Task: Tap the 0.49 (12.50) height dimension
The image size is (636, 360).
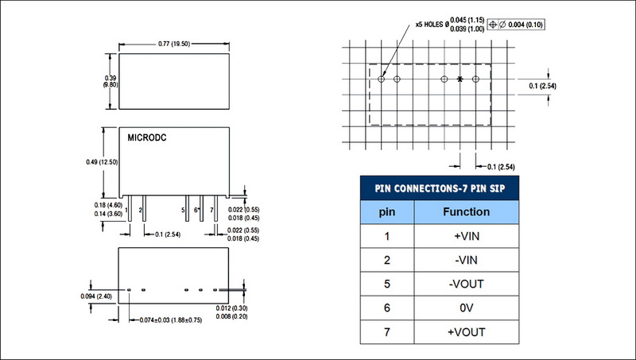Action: pyautogui.click(x=101, y=162)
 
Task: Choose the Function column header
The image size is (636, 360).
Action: pyautogui.click(x=466, y=212)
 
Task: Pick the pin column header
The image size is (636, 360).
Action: pyautogui.click(x=386, y=212)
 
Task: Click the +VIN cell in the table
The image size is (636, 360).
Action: pyautogui.click(x=466, y=236)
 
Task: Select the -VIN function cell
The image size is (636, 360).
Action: pyautogui.click(x=466, y=260)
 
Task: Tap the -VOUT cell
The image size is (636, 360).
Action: pyautogui.click(x=466, y=284)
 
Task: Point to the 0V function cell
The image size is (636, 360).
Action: pyautogui.click(x=466, y=308)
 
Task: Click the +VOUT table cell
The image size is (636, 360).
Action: pyautogui.click(x=466, y=331)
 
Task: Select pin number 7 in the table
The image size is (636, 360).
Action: pyautogui.click(x=386, y=331)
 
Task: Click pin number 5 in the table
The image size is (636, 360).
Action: pyautogui.click(x=386, y=284)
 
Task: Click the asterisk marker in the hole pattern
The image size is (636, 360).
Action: pyautogui.click(x=460, y=79)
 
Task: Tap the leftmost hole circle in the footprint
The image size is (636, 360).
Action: pyautogui.click(x=382, y=79)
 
